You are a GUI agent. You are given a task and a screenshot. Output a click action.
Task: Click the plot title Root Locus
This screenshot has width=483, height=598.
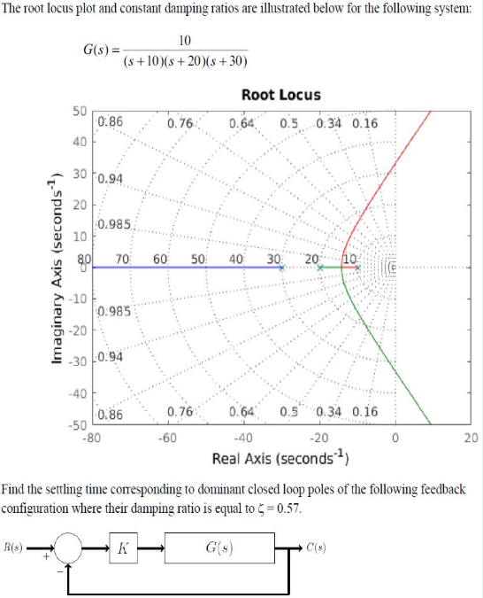pyautogui.click(x=280, y=95)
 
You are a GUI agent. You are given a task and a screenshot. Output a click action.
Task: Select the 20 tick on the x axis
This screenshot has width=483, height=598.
pyautogui.click(x=471, y=437)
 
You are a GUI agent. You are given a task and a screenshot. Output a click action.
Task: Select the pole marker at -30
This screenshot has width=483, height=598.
pyautogui.click(x=282, y=267)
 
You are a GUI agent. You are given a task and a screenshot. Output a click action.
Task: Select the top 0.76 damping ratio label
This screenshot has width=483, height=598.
pyautogui.click(x=180, y=123)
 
